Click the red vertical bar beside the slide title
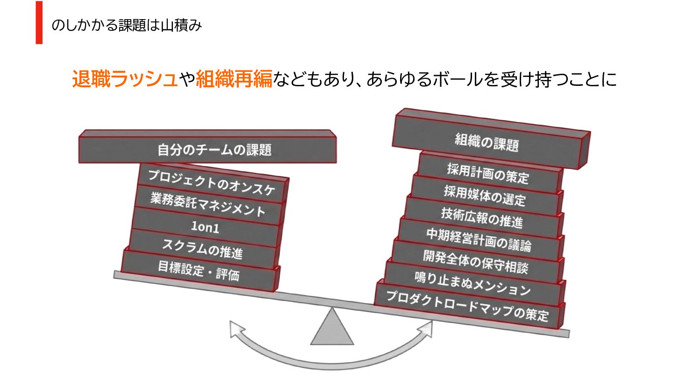coord(39,22)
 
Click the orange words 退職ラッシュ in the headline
coord(125,79)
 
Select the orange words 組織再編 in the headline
coord(234,79)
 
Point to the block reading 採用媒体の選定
coord(484,195)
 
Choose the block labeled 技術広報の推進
coord(481,217)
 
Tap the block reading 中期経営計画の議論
coord(478,239)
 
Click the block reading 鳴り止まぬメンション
coord(473,284)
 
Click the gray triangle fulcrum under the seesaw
coord(332,329)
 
